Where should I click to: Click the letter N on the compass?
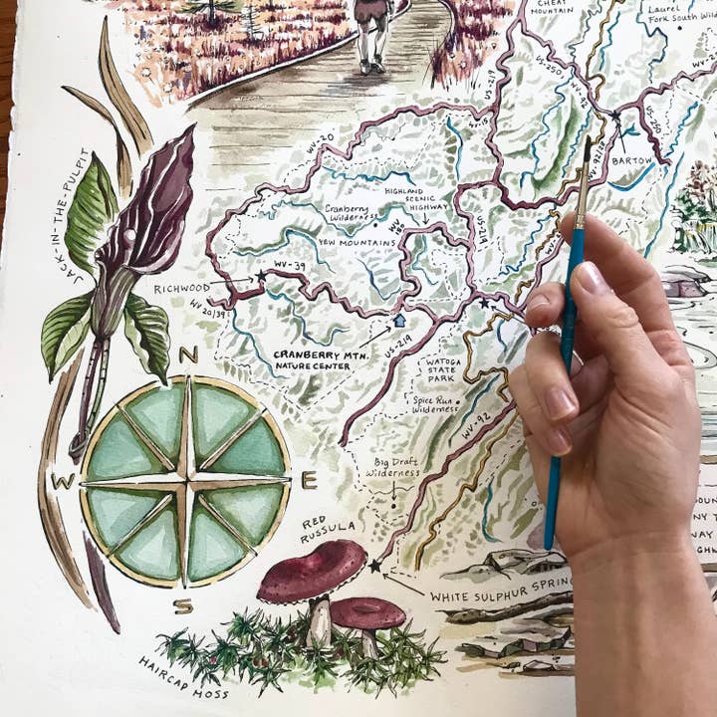pos(189,356)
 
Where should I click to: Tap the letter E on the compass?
pos(310,481)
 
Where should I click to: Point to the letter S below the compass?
pos(182,605)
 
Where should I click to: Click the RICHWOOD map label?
pos(181,289)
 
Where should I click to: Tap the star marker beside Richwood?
pos(262,276)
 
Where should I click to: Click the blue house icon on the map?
pos(399,321)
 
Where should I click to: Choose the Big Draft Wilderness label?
pos(391,468)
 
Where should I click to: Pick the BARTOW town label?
pos(632,160)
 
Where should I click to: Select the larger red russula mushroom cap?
pos(312,571)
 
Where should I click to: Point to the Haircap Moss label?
pos(183,678)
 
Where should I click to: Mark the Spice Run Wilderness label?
pos(436,403)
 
